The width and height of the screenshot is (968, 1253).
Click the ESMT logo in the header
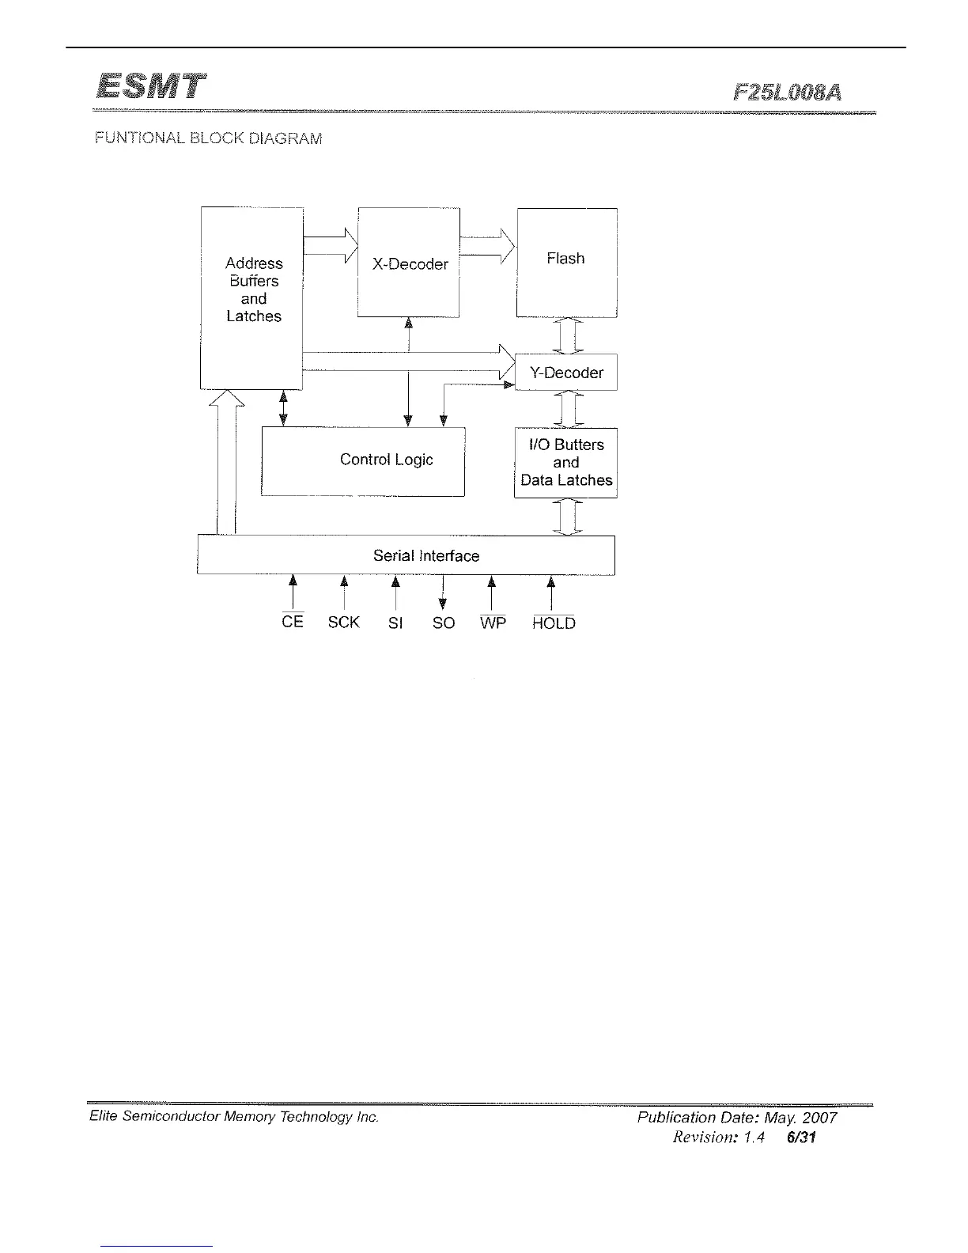[x=150, y=87]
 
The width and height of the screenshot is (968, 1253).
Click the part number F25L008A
[x=787, y=93]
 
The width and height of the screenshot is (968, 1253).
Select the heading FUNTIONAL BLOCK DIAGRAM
[x=208, y=138]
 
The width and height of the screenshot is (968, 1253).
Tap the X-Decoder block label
[x=410, y=264]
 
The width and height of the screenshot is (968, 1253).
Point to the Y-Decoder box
[x=566, y=373]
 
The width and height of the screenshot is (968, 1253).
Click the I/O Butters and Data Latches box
[x=565, y=463]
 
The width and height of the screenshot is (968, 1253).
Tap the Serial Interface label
[x=426, y=556]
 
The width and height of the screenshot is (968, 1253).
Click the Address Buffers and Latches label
[x=253, y=290]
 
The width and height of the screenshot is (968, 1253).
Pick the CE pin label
[x=293, y=622]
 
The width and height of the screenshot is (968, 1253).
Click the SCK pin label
[x=344, y=623]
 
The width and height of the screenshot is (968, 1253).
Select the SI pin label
[x=395, y=623]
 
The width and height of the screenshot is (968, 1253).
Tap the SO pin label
[x=444, y=623]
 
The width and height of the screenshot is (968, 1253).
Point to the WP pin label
[x=493, y=623]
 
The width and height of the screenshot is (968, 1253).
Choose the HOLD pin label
[x=554, y=623]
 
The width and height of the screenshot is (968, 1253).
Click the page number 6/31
[x=801, y=1138]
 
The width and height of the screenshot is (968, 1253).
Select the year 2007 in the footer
[x=819, y=1118]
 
